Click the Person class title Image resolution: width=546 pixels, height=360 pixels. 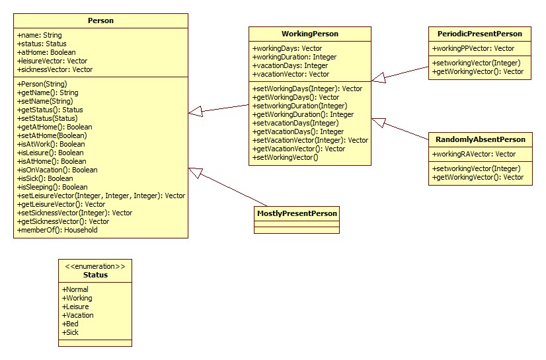click(100, 20)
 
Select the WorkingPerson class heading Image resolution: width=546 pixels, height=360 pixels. click(309, 34)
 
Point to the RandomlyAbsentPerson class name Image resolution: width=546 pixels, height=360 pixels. click(480, 139)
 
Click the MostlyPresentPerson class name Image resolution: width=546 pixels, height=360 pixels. click(296, 213)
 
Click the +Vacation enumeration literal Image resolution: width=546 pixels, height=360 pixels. click(78, 315)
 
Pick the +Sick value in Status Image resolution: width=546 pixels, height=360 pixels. click(71, 332)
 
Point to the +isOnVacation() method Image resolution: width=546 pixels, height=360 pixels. click(57, 170)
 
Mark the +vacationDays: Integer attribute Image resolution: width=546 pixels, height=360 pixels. click(290, 65)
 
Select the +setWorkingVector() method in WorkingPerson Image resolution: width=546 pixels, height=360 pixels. click(286, 157)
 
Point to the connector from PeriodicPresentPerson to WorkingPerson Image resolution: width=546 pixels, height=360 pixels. click(401, 72)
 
